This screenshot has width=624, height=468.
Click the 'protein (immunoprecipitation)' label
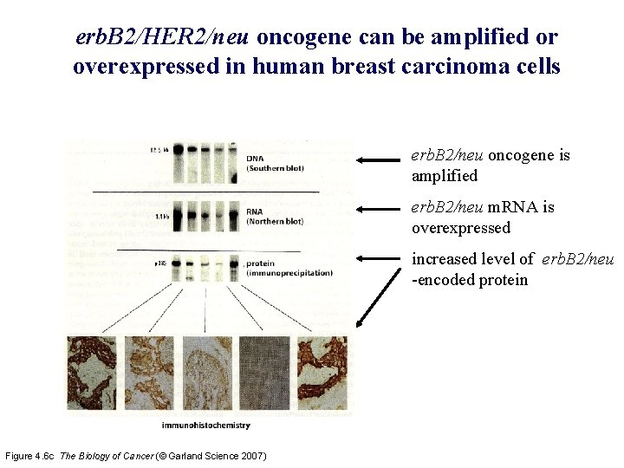tap(288, 268)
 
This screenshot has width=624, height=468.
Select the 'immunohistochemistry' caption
tap(206, 426)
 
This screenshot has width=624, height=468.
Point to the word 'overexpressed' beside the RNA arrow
tap(460, 228)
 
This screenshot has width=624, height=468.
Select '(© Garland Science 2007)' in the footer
tap(217, 456)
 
